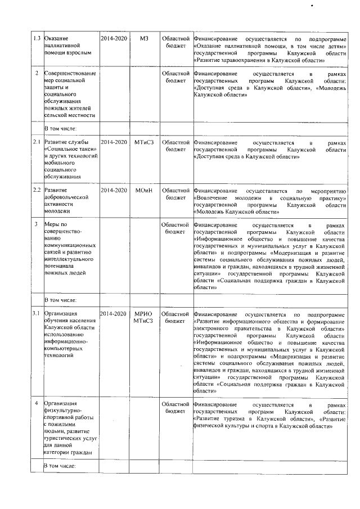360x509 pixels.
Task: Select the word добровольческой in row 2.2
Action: [67, 197]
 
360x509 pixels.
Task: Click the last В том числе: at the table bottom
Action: [60, 466]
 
